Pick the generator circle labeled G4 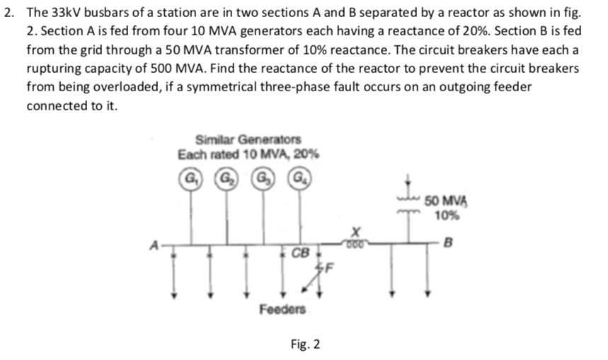tap(300, 175)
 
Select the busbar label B tap(444, 245)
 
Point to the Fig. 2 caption tap(305, 344)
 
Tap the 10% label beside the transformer tap(445, 216)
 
